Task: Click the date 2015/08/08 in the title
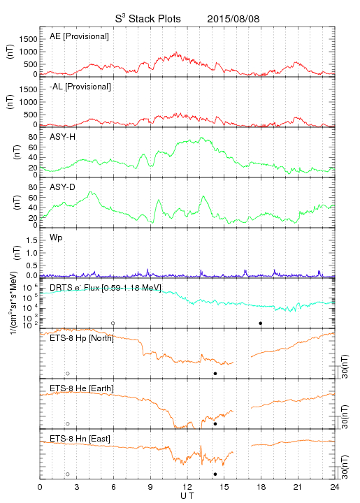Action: click(x=233, y=19)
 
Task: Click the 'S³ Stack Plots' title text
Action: click(x=148, y=18)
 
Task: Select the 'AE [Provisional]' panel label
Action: click(x=79, y=36)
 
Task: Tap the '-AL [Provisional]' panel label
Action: click(x=80, y=87)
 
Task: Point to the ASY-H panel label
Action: click(x=63, y=137)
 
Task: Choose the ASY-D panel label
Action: click(x=63, y=187)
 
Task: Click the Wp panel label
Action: click(x=56, y=238)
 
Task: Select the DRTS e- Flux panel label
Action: click(x=106, y=287)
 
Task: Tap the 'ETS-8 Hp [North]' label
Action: click(x=82, y=338)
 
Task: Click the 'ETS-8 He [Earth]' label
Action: click(x=82, y=388)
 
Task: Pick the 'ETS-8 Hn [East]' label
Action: click(x=80, y=439)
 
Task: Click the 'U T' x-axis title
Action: click(x=187, y=496)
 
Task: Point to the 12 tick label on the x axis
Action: click(x=187, y=487)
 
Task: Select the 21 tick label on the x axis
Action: click(x=298, y=487)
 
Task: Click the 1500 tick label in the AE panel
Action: click(x=28, y=39)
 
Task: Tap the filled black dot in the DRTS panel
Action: click(x=261, y=323)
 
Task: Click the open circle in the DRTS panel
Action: click(x=113, y=323)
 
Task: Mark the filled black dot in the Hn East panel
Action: click(x=215, y=474)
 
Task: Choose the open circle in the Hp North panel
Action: click(x=68, y=374)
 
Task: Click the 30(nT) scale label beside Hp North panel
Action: click(x=345, y=367)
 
